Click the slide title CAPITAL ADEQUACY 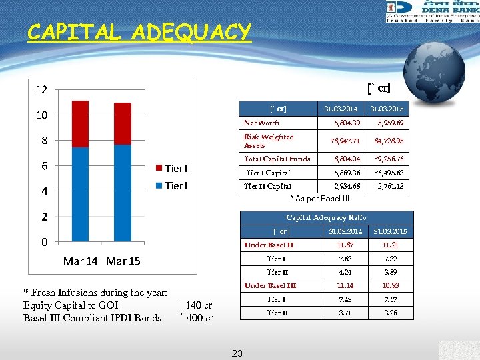(x=139, y=32)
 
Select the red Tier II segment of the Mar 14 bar (x=80, y=123)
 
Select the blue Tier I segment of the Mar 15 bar (x=123, y=193)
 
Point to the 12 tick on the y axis (x=41, y=89)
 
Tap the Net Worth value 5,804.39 (x=346, y=123)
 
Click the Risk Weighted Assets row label (x=268, y=141)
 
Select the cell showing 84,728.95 (x=389, y=141)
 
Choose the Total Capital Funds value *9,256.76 (x=389, y=159)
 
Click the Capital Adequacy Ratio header (x=326, y=217)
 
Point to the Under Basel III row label (x=270, y=285)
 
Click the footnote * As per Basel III (x=319, y=199)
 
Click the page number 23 (x=237, y=353)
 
